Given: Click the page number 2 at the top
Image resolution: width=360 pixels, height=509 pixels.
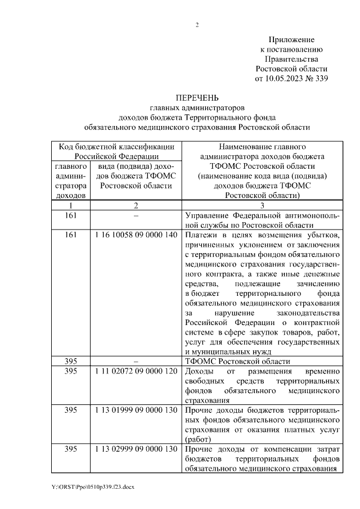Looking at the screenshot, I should pos(197,25).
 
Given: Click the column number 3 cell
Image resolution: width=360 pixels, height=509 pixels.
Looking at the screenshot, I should pos(262,205).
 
